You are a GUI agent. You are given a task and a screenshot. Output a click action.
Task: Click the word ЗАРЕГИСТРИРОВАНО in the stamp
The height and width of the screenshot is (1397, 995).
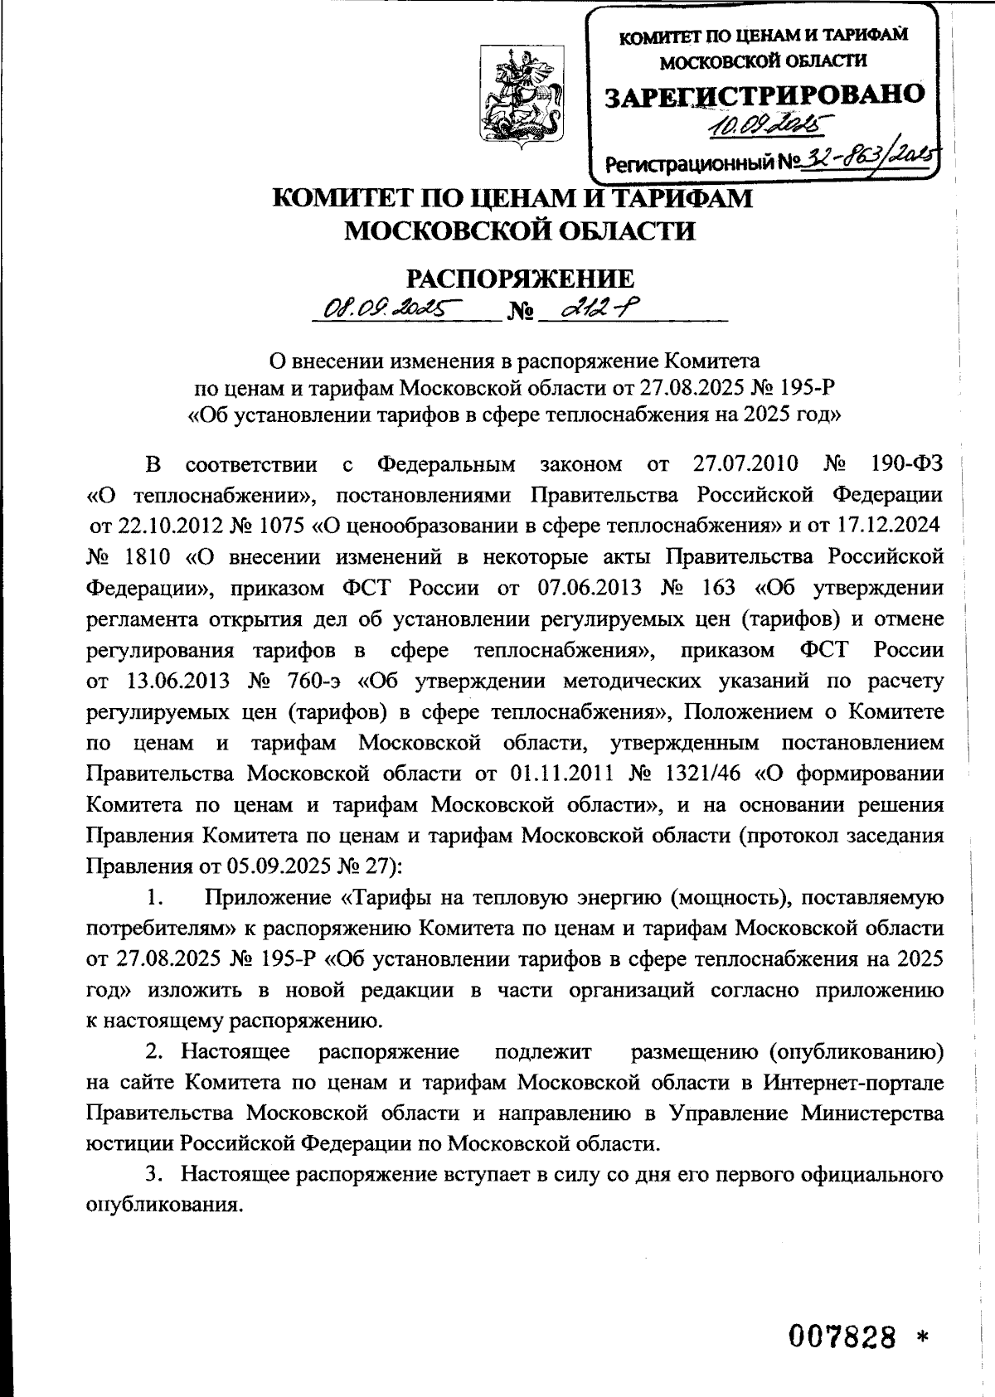click(x=764, y=95)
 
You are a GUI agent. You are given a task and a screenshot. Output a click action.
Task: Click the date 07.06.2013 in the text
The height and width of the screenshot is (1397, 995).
click(x=590, y=588)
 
